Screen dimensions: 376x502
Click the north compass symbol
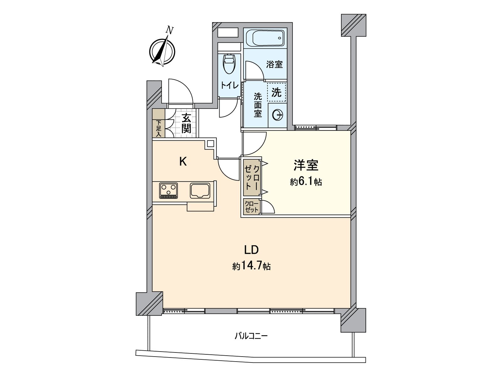162,51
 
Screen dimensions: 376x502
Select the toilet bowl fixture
229,64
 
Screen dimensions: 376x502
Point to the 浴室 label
274,65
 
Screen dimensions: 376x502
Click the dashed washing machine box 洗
276,92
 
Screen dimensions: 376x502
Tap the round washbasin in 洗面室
278,115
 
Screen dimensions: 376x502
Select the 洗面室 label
258,105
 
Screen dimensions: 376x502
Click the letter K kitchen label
183,162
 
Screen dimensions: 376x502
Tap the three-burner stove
168,191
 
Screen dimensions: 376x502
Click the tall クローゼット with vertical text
252,177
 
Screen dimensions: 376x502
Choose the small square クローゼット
252,207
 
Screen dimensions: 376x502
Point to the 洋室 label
306,165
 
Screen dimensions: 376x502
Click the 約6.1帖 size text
306,182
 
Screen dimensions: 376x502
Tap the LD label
251,250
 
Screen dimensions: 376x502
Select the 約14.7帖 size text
251,266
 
